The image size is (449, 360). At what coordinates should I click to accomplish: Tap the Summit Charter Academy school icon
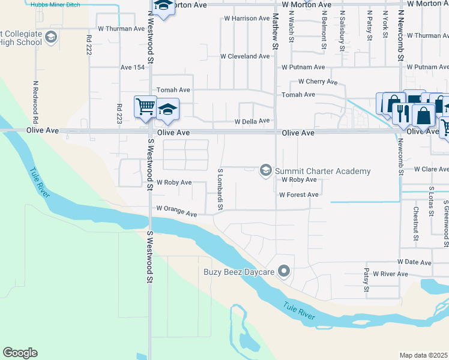(265, 171)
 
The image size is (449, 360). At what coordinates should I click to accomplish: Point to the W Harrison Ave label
(247, 19)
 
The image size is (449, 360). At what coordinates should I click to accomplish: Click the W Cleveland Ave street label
(245, 56)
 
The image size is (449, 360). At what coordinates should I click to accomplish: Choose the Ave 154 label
(133, 68)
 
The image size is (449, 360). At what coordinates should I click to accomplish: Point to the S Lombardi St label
(220, 190)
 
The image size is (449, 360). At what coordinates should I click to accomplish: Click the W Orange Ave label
(176, 211)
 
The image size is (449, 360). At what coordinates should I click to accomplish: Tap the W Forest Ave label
(298, 194)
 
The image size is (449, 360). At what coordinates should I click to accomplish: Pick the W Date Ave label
(414, 262)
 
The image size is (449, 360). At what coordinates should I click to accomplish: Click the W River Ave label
(390, 274)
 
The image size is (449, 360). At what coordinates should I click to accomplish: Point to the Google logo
(20, 353)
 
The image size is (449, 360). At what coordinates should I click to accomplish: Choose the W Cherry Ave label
(318, 82)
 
